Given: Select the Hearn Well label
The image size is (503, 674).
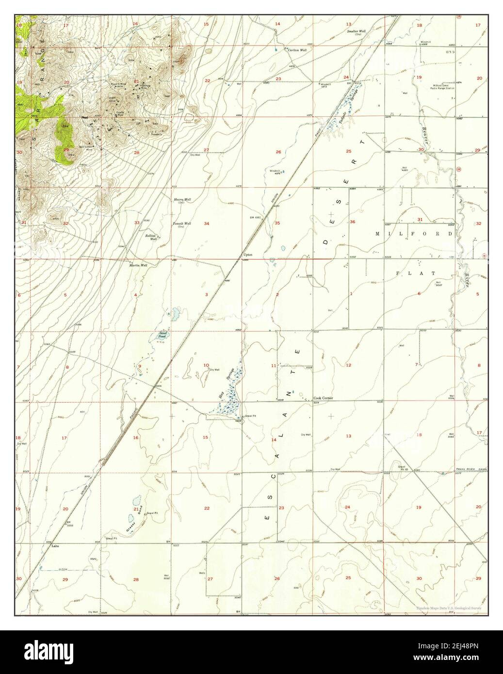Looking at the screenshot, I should pos(182,200).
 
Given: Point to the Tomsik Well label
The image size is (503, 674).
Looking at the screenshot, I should pos(182,224).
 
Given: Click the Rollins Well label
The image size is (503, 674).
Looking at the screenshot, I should pos(152,237).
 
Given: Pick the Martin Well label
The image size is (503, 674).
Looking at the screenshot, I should pos(138,265).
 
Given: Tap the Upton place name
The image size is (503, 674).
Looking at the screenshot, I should pos(248,255).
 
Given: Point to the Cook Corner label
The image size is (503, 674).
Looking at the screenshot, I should pos(323,398).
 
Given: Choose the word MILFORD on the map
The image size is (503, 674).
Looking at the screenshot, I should pos(414,234).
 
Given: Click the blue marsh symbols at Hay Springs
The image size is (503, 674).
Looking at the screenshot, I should pos(228,400).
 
